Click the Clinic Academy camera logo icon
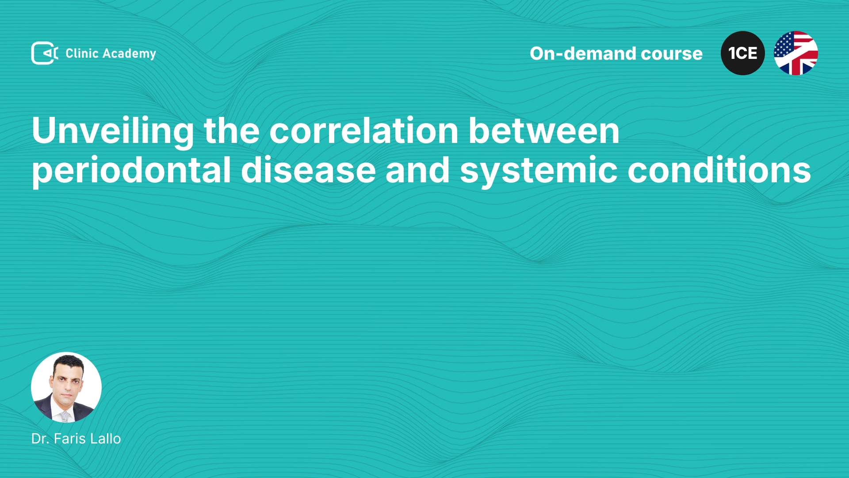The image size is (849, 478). coord(45,53)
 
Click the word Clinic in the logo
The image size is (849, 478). coord(82,53)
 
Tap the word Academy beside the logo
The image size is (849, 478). coord(129,54)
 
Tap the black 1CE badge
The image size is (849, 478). coord(743,53)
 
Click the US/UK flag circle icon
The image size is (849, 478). coord(796,53)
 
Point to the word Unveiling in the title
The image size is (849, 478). coord(113,131)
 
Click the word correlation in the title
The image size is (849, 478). coord(364,131)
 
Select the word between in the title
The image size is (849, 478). coord(544,131)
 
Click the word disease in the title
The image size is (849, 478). coord(308,170)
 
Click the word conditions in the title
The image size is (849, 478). coord(719,170)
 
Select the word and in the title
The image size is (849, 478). coord(417,170)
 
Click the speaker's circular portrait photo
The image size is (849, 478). coord(66,387)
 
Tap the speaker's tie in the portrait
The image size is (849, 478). coord(65,416)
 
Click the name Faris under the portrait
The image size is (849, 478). coord(70,439)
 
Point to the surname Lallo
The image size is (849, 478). coord(105,439)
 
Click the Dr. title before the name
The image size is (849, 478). coord(40,439)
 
